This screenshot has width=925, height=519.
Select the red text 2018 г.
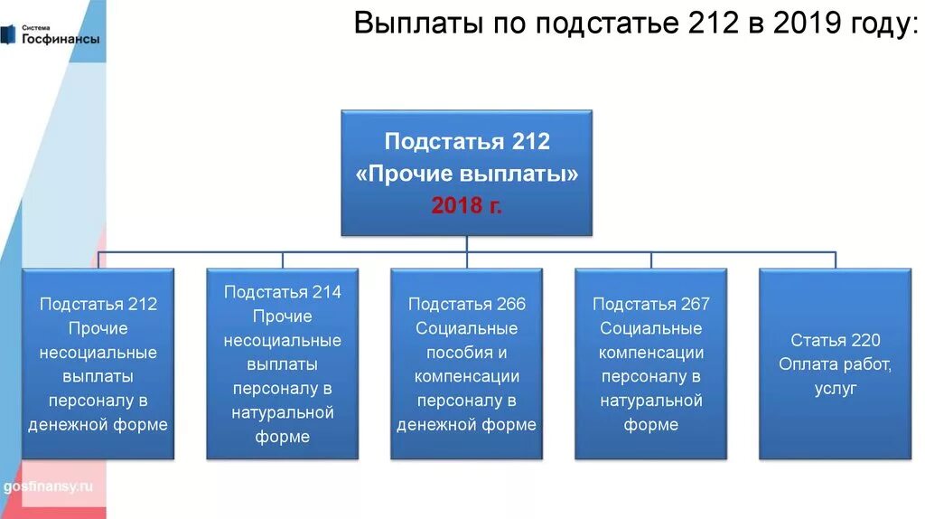466,205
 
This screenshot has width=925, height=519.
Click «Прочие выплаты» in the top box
466,174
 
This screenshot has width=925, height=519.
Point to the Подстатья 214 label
282,291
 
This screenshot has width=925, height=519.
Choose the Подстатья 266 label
466,304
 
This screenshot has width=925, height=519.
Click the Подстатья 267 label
650,304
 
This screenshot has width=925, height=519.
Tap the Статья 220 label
835,340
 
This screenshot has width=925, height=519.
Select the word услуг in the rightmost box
835,389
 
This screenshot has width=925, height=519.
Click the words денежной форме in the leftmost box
98,425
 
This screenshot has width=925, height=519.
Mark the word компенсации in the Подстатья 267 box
650,353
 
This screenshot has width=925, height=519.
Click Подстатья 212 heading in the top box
466,142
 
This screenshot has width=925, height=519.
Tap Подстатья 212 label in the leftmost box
98,304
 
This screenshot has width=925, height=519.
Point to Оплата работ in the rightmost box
835,364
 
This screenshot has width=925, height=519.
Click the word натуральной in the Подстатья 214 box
282,413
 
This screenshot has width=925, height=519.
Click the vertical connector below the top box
466,243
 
